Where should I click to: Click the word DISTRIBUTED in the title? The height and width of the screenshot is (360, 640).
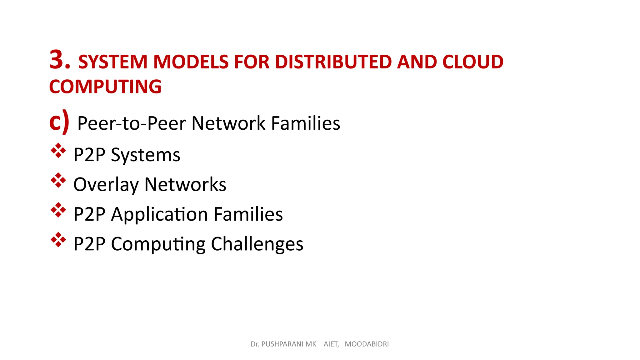click(x=333, y=62)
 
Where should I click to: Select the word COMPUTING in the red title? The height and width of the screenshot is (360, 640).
click(x=105, y=87)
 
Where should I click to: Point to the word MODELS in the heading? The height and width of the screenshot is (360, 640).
click(x=191, y=62)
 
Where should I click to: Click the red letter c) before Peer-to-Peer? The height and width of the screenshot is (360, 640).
click(x=59, y=122)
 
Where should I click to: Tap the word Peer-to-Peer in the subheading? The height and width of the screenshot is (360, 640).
click(x=132, y=123)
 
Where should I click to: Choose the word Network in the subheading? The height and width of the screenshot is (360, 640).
click(x=228, y=123)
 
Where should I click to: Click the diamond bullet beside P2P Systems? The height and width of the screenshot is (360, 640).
click(x=58, y=151)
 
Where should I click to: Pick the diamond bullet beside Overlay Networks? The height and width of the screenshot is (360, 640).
click(x=58, y=180)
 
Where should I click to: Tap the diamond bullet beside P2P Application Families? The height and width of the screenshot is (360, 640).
click(x=58, y=210)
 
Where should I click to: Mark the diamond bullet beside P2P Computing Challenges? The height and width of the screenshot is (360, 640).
click(x=58, y=240)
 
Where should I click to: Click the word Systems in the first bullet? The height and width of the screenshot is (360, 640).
click(x=145, y=155)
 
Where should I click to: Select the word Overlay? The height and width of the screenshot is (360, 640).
click(x=106, y=185)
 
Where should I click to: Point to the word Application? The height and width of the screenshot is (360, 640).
click(x=159, y=214)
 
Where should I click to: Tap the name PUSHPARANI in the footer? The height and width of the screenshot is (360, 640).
click(x=289, y=344)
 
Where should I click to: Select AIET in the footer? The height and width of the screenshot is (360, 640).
click(x=331, y=344)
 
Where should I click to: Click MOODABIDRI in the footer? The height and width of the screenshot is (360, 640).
click(x=367, y=344)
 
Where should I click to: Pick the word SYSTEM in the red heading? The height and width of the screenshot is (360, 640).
click(x=113, y=62)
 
